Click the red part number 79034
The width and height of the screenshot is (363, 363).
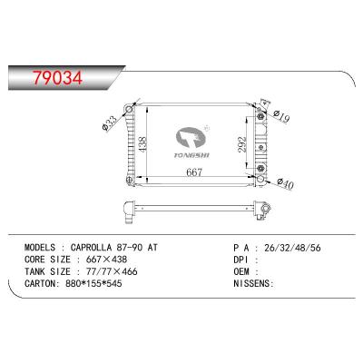57,78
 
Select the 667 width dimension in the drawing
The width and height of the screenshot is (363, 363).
194,172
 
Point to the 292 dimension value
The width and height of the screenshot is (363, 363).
242,144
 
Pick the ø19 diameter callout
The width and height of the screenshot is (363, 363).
281,116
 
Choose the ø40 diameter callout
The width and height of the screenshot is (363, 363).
285,183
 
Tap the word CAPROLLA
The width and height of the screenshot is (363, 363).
91,248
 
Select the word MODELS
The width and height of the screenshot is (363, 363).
40,248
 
